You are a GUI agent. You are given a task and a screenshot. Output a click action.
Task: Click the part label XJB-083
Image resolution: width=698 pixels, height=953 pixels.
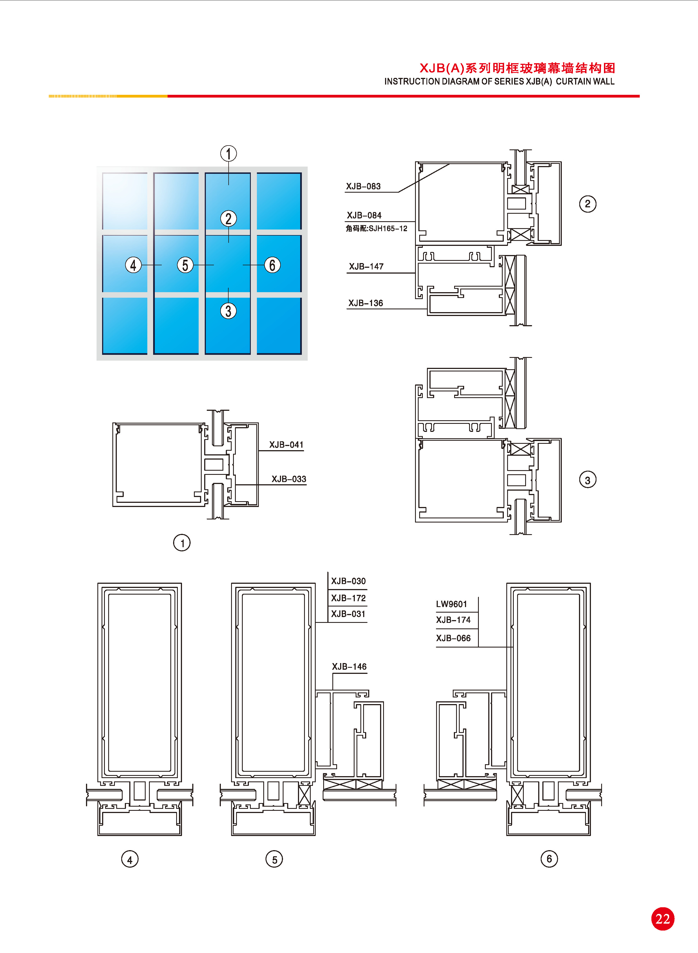(363, 186)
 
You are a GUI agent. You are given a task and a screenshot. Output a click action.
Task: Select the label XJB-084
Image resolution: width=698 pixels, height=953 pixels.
(364, 215)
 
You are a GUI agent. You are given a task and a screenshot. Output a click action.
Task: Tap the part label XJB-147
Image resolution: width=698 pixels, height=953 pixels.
(366, 266)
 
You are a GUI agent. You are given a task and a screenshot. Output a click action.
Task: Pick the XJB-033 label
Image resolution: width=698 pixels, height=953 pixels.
(289, 479)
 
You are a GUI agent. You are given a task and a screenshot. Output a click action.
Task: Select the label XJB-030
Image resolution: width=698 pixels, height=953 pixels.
(348, 581)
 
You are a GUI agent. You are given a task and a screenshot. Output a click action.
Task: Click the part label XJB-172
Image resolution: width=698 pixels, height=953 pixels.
(348, 598)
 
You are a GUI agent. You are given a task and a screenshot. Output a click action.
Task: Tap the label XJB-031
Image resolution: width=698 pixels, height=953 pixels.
(348, 614)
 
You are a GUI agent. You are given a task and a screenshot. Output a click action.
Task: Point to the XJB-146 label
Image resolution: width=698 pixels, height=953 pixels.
(350, 667)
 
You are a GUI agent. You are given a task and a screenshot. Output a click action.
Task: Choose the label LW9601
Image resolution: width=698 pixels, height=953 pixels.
(452, 604)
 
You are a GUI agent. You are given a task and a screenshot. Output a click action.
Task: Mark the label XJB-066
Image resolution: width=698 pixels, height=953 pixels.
(453, 638)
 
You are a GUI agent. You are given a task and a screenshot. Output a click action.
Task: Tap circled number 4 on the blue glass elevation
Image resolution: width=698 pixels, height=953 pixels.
(133, 265)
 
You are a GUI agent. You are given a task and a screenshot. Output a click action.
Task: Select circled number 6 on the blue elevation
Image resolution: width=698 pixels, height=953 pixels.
(272, 265)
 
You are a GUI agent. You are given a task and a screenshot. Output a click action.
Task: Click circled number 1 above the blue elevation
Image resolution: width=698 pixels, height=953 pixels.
(229, 154)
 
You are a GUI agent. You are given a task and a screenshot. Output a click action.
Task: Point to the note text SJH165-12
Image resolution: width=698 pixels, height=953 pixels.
(388, 228)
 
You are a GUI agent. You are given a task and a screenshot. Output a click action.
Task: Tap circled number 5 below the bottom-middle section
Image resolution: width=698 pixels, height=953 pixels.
(274, 859)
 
